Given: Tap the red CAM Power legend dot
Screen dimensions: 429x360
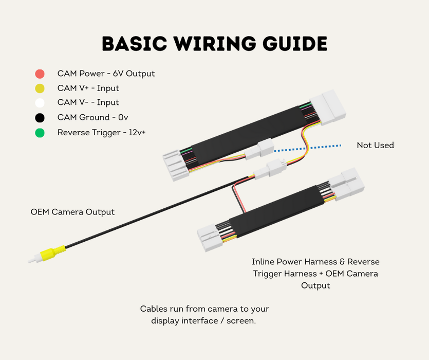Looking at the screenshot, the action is point(40,74).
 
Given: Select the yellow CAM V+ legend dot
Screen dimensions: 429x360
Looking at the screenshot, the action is point(40,88).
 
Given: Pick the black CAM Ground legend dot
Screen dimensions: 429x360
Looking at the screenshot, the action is point(40,118).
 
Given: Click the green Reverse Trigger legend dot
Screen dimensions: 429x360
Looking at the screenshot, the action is point(40,133).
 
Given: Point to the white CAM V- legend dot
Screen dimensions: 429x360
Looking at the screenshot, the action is point(40,103).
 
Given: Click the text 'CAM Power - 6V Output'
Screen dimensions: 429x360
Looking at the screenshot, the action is point(106,74).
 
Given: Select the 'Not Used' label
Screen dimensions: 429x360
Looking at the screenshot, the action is point(375,146).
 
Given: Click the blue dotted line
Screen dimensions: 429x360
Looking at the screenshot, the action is point(308,148).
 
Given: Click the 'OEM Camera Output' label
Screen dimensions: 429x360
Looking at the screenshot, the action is point(72,212).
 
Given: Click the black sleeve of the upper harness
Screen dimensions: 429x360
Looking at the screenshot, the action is point(247,132).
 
